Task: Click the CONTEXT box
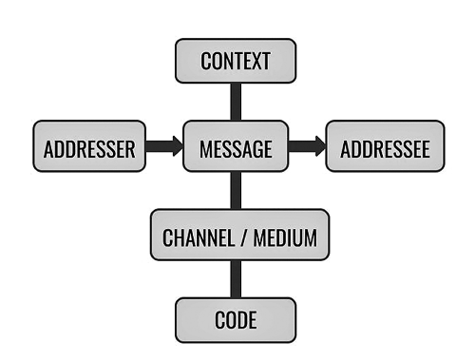pyautogui.click(x=236, y=61)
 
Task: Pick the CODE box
pyautogui.click(x=236, y=320)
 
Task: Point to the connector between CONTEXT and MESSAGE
pyautogui.click(x=236, y=102)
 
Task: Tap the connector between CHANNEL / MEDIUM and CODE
pyautogui.click(x=236, y=278)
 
